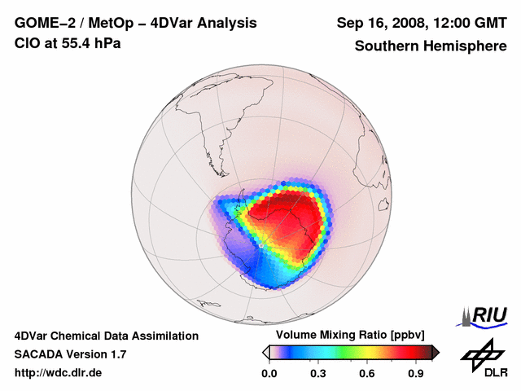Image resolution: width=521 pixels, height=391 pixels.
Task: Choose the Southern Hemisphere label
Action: pyautogui.click(x=431, y=46)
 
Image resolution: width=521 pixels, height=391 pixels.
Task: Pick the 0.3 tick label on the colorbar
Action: pyautogui.click(x=318, y=373)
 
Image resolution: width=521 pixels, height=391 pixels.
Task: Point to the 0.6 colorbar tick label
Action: pyautogui.click(x=368, y=373)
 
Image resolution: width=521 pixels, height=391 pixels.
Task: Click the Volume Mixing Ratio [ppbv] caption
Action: pyautogui.click(x=348, y=335)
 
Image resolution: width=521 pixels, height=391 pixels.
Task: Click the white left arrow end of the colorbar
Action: pyautogui.click(x=266, y=352)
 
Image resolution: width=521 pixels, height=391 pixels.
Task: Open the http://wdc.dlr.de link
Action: pyautogui.click(x=59, y=373)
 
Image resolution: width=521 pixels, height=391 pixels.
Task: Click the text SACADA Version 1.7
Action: pyautogui.click(x=70, y=354)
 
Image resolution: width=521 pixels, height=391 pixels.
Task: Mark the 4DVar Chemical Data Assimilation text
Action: pyautogui.click(x=106, y=336)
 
